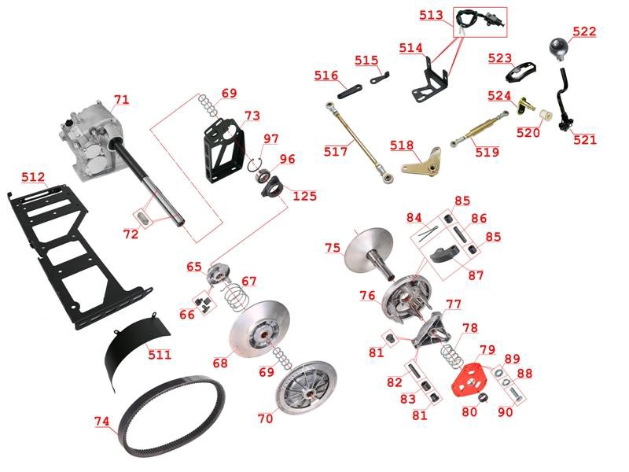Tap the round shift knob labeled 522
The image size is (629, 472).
coord(559,48)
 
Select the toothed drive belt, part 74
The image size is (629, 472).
coord(172,416)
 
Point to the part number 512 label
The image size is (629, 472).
coord(33,177)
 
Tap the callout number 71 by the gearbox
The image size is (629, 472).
coord(122,99)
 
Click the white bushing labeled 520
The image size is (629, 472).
coord(546,116)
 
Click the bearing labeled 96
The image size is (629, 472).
coord(265,175)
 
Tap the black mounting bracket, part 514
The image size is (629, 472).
coord(429,82)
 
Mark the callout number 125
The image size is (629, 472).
coord(304,196)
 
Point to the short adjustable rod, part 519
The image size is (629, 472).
coord(480,129)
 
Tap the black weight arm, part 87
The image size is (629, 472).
coord(443,253)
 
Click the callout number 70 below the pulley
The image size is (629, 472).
coord(265,419)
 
